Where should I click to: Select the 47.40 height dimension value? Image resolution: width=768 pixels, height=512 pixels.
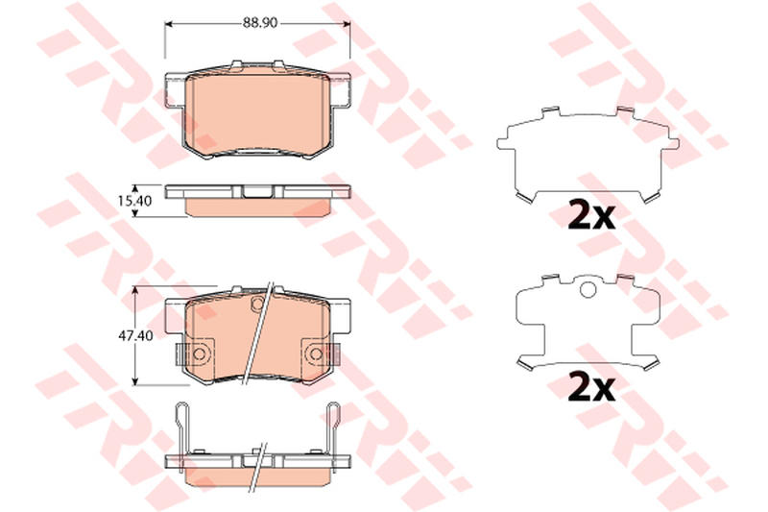[x=135, y=335]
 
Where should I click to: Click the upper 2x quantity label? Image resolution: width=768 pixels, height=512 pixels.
[x=591, y=215]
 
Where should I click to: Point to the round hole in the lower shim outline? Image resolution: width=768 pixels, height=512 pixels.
[x=588, y=290]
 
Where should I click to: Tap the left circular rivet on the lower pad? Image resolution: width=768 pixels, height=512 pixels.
[x=199, y=354]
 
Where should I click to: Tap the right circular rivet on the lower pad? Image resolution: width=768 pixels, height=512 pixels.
[x=316, y=354]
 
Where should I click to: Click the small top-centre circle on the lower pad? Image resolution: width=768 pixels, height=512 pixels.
[x=257, y=304]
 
